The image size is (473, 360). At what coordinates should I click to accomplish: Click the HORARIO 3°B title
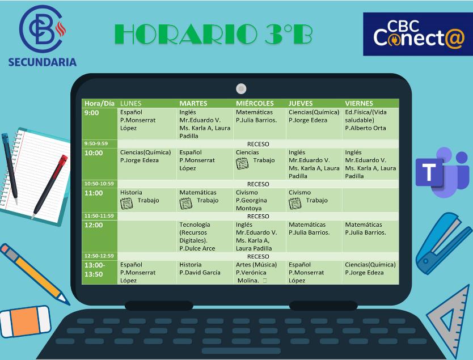tap(213, 35)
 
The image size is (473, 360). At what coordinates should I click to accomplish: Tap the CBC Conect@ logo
tap(417, 34)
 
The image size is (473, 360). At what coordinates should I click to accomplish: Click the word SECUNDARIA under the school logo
tap(42, 62)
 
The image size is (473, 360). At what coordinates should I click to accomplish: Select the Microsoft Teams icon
tap(441, 171)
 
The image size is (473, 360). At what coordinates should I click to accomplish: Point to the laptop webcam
tap(241, 88)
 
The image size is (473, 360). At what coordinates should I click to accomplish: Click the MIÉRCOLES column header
tap(255, 103)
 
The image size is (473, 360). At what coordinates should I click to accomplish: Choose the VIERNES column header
tap(359, 103)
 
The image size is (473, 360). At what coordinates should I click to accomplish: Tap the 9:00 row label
tap(91, 113)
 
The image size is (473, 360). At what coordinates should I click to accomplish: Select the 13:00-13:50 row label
tap(95, 269)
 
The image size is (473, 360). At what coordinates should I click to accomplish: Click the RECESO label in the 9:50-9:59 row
tap(258, 144)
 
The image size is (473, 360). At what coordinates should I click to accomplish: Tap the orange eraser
tap(26, 323)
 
